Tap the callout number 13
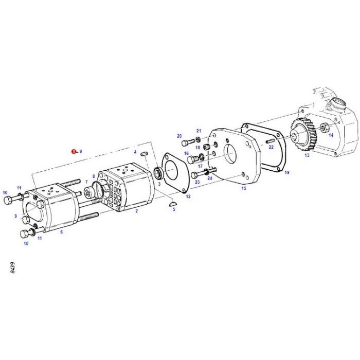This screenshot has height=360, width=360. [307, 154]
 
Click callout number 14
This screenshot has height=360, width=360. [331, 135]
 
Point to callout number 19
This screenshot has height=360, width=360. [287, 172]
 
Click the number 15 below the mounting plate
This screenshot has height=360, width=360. [244, 189]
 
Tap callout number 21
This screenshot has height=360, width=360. [199, 131]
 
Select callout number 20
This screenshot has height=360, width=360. [179, 136]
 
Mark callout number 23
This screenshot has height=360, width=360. [197, 182]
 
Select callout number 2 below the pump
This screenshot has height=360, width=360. [136, 211]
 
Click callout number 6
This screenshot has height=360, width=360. [61, 232]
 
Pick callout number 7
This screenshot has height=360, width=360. [79, 183]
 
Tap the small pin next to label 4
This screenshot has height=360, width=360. [145, 153]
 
